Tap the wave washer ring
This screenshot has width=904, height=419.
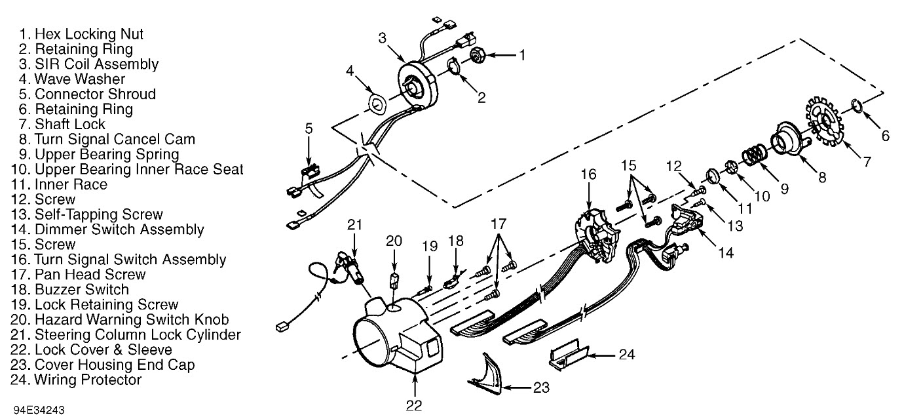pos(378,102)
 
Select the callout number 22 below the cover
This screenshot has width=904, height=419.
pos(413,405)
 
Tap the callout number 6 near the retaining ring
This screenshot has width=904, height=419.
pos(885,136)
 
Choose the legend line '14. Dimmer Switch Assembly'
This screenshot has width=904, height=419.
pos(107,229)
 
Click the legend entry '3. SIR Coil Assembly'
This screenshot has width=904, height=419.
pos(85,64)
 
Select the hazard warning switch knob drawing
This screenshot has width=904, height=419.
pos(394,282)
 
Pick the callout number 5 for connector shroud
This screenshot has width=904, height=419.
pos(309,129)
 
